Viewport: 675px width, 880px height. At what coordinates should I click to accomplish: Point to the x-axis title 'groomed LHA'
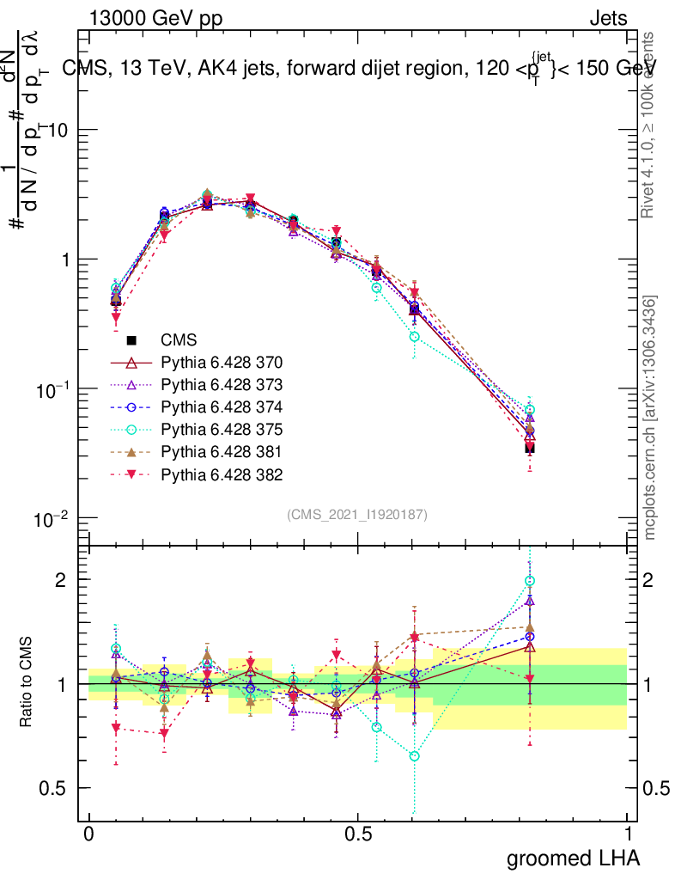pyautogui.click(x=574, y=858)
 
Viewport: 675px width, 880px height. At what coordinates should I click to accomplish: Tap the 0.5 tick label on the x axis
pyautogui.click(x=358, y=834)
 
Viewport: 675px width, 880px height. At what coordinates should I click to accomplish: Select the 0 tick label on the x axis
pyautogui.click(x=89, y=834)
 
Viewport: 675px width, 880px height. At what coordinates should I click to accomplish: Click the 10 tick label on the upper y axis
pyautogui.click(x=63, y=130)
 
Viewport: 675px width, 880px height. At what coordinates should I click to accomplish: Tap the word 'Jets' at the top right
pyautogui.click(x=607, y=18)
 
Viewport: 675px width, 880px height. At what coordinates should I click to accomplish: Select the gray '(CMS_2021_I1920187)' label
pyautogui.click(x=357, y=514)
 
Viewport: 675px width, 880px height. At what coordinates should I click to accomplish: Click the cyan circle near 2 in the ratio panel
pyautogui.click(x=530, y=582)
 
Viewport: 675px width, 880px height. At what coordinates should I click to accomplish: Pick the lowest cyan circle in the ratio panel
pyautogui.click(x=415, y=756)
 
